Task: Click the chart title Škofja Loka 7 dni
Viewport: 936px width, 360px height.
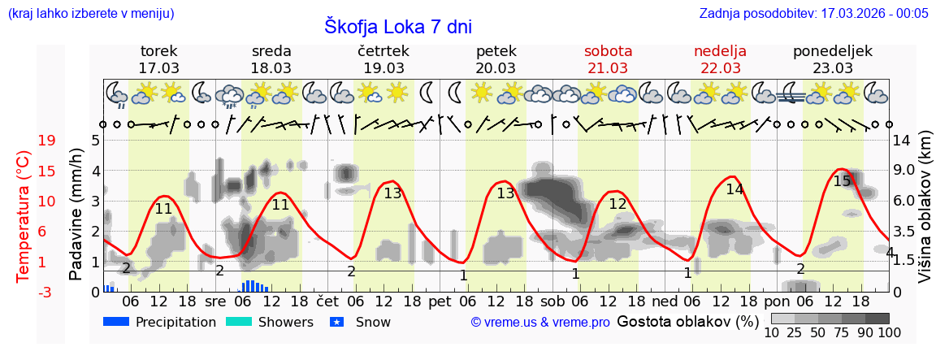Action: point(398,26)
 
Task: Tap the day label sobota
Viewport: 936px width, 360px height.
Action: point(608,50)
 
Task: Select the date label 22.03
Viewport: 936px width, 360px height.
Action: point(720,67)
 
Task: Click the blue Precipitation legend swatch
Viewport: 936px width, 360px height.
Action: point(116,322)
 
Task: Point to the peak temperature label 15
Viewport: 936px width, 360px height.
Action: point(842,180)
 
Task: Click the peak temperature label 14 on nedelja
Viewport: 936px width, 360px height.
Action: point(734,189)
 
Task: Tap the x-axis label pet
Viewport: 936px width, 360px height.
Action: point(440,300)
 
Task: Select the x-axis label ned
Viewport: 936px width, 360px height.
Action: point(664,300)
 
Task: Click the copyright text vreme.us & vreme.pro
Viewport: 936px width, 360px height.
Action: point(540,323)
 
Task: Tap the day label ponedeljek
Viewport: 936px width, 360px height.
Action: point(833,50)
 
